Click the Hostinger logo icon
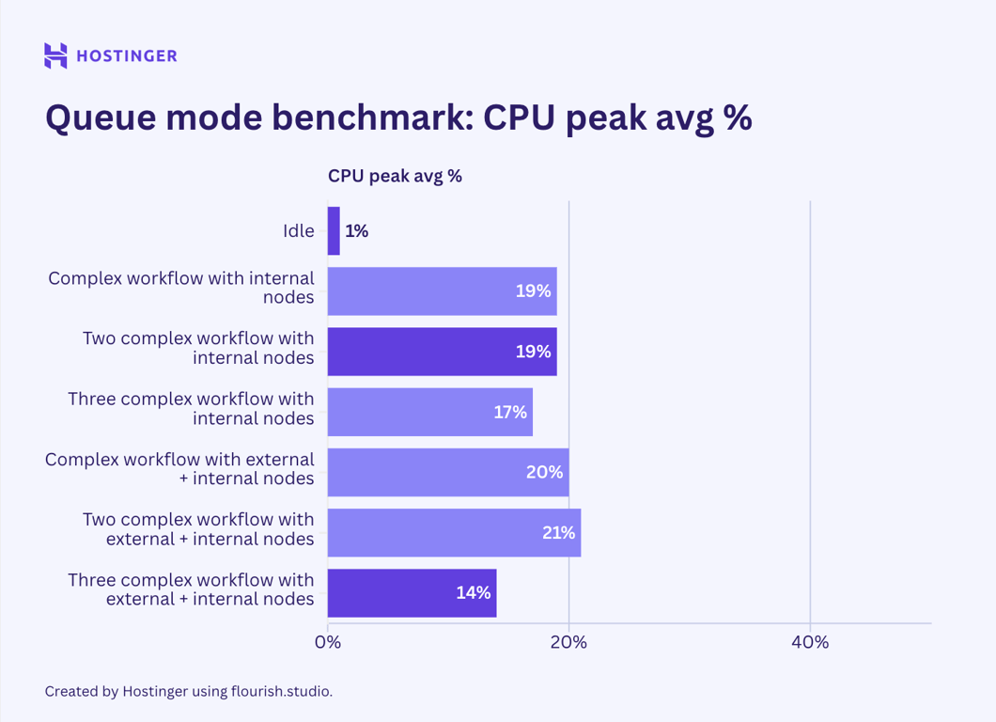coord(55,55)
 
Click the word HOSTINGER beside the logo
coord(126,56)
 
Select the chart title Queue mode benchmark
coord(398,119)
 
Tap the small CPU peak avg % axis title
coord(395,176)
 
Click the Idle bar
coord(334,230)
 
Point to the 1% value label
coord(356,230)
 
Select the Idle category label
coord(299,230)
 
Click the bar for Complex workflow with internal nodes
coord(442,291)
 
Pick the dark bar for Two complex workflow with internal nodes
coord(442,352)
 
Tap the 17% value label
coord(510,412)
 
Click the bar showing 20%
coord(447,472)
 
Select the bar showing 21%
coord(454,533)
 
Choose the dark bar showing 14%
coord(412,593)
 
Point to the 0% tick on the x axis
coord(328,642)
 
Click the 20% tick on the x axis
coord(568,642)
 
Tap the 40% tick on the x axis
coord(810,642)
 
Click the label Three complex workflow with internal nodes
coord(191,409)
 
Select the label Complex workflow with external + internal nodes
coord(179,469)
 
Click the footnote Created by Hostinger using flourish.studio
coord(189,691)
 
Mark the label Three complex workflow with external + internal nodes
coord(191,589)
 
